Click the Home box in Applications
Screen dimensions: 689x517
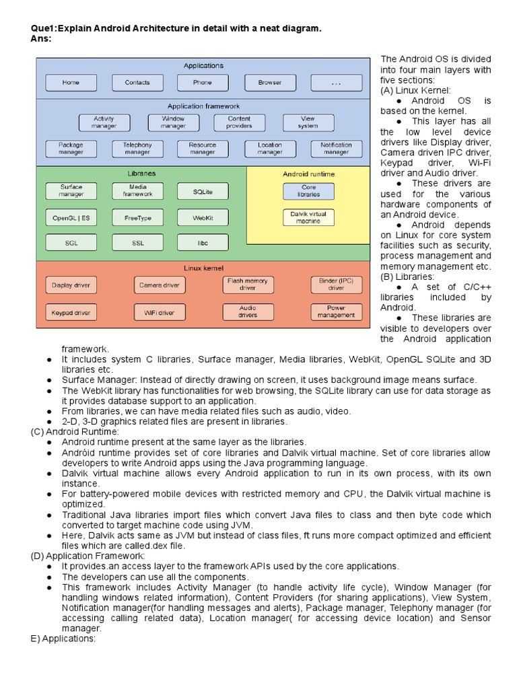[71, 83]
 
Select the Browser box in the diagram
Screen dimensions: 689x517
[269, 83]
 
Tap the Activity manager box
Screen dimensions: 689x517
[104, 122]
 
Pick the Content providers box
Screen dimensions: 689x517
[239, 122]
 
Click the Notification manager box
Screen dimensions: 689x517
[336, 149]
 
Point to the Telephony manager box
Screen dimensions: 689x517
[137, 149]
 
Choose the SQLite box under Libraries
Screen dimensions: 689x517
[203, 192]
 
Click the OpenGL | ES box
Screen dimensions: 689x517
[71, 218]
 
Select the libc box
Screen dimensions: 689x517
[203, 242]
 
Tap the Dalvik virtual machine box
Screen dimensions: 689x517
[308, 217]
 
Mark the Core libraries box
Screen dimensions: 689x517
[308, 191]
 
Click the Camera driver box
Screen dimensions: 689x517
[159, 285]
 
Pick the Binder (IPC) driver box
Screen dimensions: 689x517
[336, 285]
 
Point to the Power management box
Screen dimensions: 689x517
[336, 312]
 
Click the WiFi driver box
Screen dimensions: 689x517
[159, 312]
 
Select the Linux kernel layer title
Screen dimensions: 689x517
[203, 268]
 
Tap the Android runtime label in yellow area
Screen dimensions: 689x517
[308, 174]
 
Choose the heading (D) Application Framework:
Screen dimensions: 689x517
[88, 556]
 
